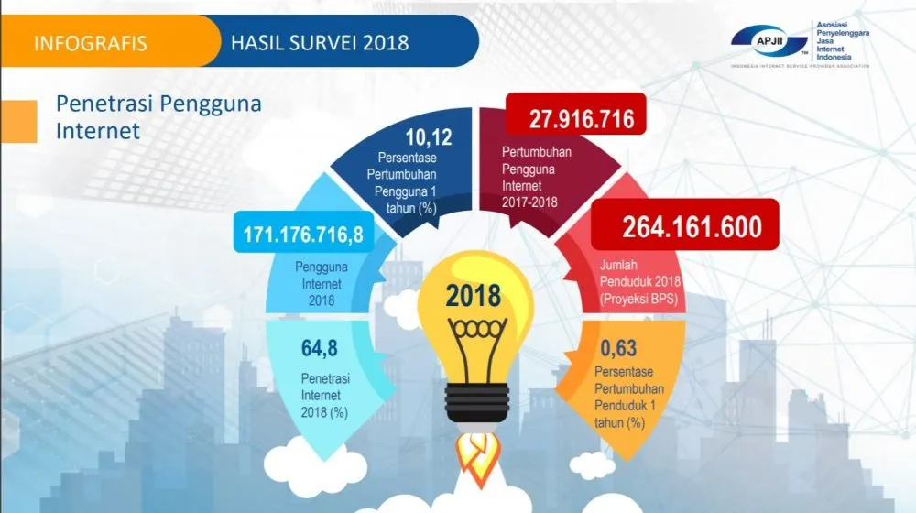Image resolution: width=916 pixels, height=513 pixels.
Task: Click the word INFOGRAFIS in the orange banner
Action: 91,43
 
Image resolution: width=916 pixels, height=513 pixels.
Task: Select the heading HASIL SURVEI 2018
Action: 320,43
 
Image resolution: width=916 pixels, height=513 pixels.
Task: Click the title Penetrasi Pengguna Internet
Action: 158,117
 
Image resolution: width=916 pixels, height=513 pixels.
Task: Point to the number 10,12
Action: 429,137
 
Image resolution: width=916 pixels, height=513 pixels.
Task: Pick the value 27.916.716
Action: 582,119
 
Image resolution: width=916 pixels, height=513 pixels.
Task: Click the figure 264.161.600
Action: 692,226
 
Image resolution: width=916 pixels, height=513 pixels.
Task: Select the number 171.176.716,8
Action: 303,235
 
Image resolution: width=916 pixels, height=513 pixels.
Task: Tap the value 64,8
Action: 320,348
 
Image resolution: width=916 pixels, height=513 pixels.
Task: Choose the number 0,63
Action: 618,348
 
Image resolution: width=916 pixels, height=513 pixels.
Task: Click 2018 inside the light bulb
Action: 474,296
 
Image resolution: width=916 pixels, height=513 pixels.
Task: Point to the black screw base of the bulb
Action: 476,402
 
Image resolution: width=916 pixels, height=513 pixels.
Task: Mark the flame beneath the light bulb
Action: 477,458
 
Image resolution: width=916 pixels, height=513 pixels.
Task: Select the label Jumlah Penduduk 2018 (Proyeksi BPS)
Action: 639,281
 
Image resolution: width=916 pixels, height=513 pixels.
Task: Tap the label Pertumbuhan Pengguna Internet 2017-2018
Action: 536,177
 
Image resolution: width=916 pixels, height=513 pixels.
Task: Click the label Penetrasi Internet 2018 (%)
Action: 325,396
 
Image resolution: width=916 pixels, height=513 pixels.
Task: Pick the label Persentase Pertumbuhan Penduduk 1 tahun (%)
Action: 628,397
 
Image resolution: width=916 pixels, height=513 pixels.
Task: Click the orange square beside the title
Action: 18,122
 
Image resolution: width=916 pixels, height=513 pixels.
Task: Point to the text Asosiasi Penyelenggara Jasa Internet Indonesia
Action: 842,41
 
